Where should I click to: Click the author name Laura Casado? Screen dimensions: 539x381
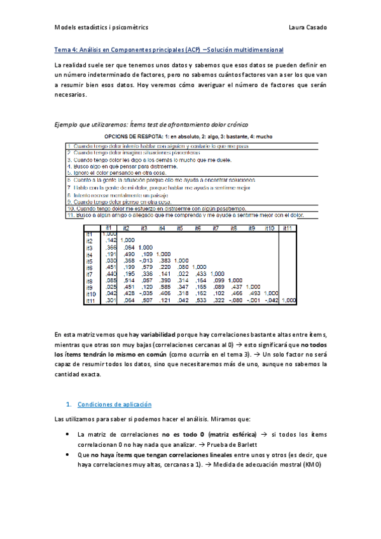[x=307, y=27]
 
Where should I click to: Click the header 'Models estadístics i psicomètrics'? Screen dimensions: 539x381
[x=101, y=27]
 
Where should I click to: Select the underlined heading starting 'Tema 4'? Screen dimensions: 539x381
[x=169, y=50]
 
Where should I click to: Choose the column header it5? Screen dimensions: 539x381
[x=181, y=228]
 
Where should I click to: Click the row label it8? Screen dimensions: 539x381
[x=90, y=280]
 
